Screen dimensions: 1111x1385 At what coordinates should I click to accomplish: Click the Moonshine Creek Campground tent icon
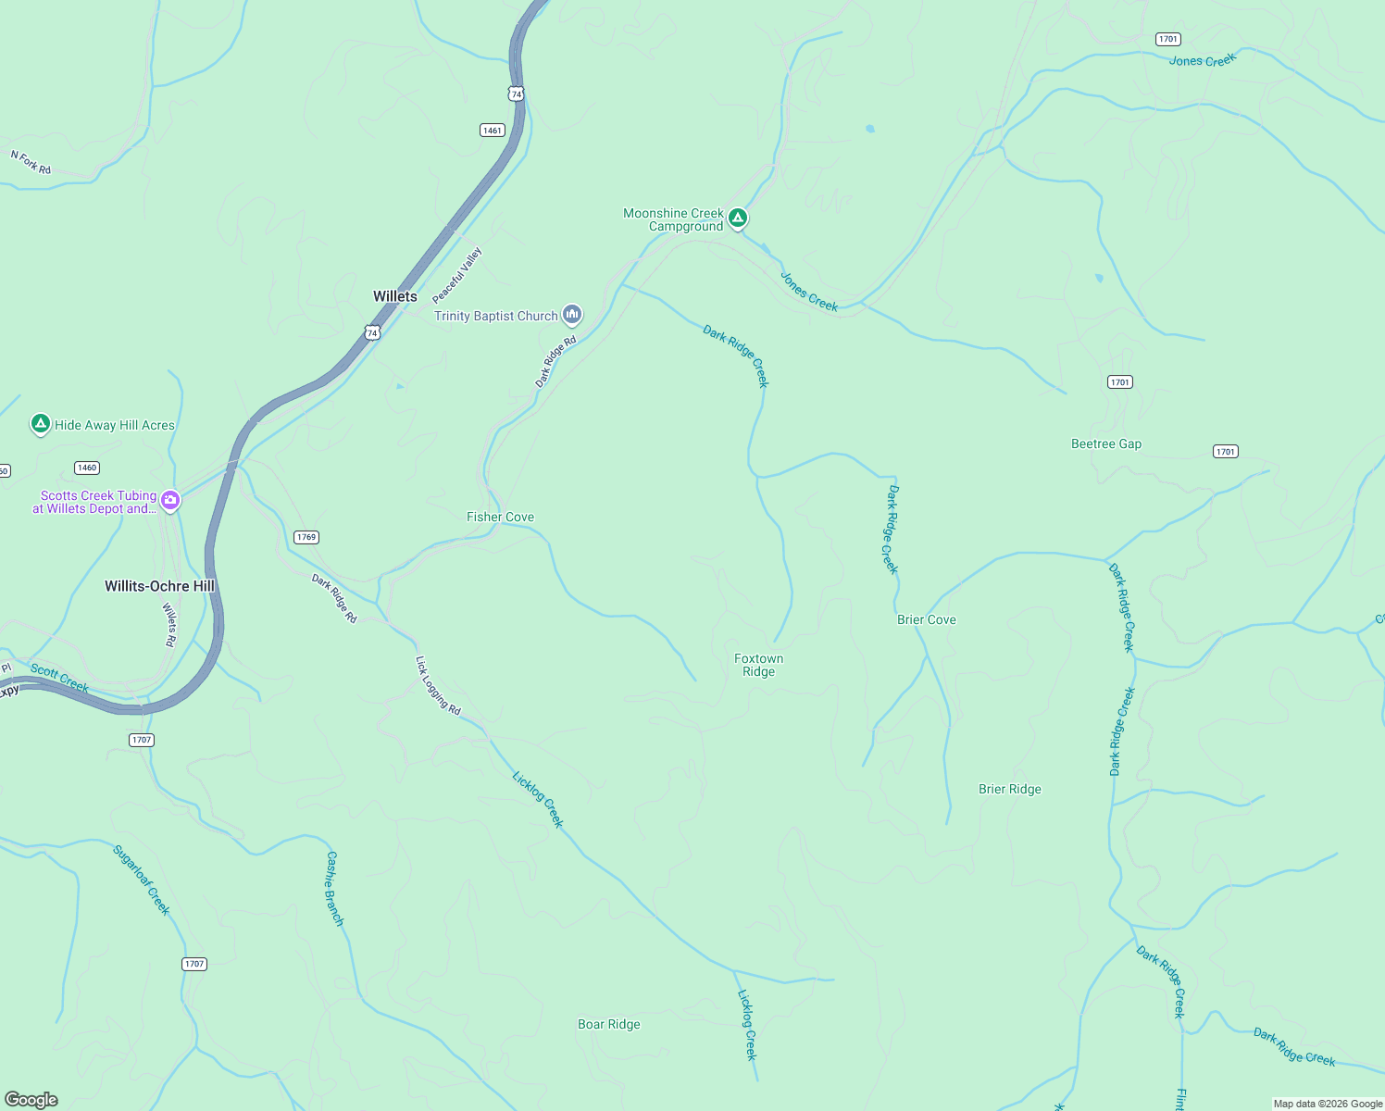coord(737,218)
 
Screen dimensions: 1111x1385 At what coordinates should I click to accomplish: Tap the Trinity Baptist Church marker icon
coord(572,315)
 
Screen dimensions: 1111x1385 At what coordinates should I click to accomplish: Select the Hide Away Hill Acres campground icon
coord(40,424)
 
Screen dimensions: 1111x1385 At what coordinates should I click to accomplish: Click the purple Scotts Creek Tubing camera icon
coord(170,501)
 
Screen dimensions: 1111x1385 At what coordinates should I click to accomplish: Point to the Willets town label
coord(394,296)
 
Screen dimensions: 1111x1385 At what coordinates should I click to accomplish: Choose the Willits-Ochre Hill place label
coord(159,586)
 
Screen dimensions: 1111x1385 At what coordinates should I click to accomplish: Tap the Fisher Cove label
coord(500,518)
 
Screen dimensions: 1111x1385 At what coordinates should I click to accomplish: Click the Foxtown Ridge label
coord(758,666)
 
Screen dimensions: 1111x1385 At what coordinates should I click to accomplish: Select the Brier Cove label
coord(926,619)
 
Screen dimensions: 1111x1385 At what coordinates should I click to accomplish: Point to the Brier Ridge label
coord(1009,789)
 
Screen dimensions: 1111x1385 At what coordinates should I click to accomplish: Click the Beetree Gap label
coord(1105,443)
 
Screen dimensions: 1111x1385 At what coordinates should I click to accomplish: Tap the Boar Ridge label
coord(608,1024)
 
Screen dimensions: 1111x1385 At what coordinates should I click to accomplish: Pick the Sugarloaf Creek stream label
coord(142,880)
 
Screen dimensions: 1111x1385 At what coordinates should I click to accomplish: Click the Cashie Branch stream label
coord(334,889)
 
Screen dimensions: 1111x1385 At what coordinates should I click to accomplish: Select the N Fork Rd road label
coord(31,163)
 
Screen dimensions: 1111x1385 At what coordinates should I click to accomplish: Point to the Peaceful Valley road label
coord(457,275)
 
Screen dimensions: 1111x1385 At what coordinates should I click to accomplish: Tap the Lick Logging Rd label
coord(437,685)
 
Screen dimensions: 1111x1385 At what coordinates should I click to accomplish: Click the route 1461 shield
coord(493,131)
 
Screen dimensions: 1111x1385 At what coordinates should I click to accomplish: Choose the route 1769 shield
coord(306,537)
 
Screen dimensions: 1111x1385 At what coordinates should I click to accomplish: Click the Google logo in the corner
coord(31,1100)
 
